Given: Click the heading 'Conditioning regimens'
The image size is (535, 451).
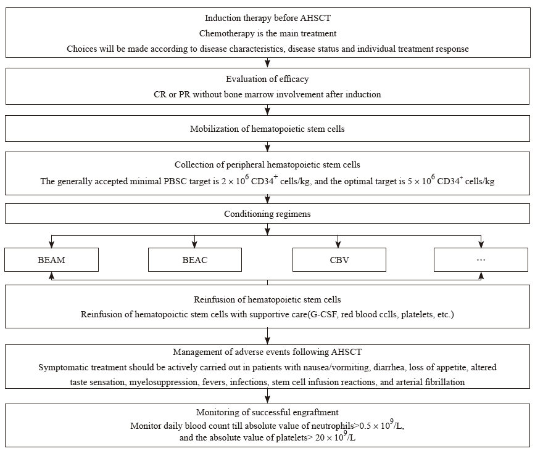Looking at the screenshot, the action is pos(268,214).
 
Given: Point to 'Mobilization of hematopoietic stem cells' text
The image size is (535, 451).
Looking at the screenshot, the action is pos(267,129).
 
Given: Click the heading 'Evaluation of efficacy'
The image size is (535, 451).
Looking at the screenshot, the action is pos(267,79).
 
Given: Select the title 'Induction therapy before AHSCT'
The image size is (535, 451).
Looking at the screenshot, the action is pos(268,18).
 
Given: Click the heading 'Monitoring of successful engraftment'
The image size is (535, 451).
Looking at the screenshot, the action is pos(267,413).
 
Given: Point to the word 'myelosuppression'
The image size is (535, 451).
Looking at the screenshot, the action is pos(164,383).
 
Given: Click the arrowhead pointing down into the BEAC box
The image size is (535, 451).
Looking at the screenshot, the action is pos(194,244).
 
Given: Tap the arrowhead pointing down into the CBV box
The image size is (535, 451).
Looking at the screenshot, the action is pos(338,244).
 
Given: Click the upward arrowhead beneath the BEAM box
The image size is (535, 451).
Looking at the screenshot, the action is pos(51,275).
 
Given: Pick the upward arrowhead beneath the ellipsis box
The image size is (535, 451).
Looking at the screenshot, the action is pos(481,275).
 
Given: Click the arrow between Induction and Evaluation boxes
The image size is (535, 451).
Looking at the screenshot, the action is pos(268,62).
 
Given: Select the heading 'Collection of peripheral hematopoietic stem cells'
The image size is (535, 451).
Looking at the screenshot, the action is pos(267,165).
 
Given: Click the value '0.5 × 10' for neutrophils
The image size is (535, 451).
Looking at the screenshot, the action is pos(375,426).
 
